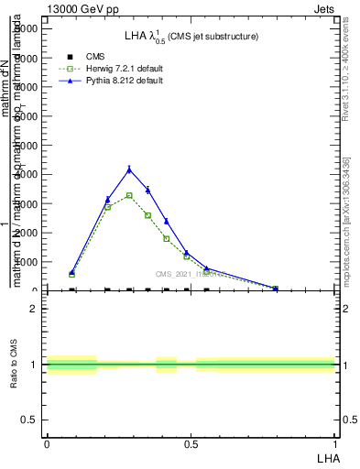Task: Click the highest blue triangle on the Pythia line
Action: coord(129,169)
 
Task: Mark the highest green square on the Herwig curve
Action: coord(129,195)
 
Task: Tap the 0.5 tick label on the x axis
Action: coord(191,443)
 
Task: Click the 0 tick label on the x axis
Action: coord(47,443)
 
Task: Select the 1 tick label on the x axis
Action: coord(335,443)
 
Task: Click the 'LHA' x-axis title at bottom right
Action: coord(327,457)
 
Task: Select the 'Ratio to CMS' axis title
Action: coord(15,365)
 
